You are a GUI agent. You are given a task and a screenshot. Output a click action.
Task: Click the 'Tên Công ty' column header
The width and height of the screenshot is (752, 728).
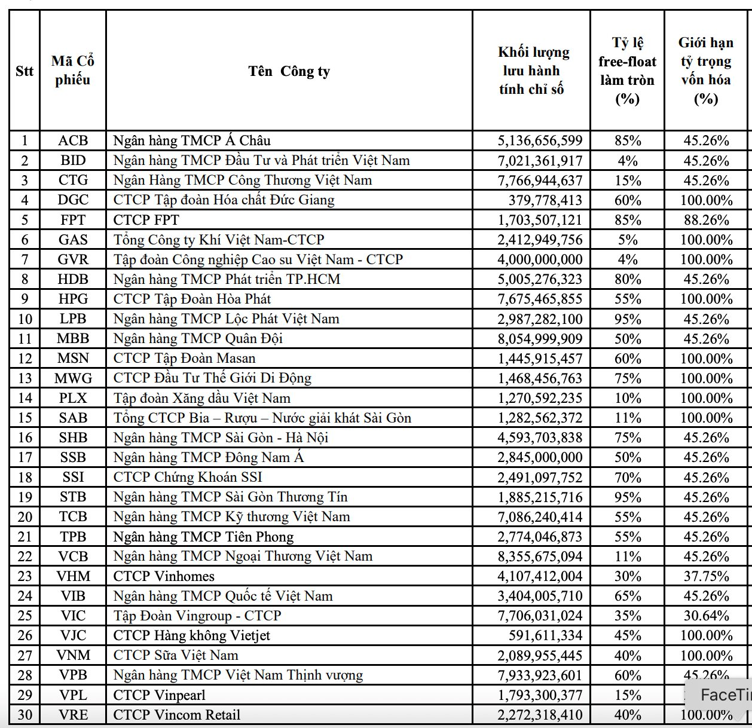coord(289,71)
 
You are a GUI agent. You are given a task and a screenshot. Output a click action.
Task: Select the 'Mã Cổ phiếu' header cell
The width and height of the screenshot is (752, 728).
coord(73,71)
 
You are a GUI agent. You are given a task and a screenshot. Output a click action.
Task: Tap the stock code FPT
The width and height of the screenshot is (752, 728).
coord(73,220)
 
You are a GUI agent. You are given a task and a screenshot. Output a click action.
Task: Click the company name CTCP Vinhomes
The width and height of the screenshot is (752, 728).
coord(164,576)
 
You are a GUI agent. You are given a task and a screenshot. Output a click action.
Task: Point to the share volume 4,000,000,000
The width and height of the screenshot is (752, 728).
coord(540,259)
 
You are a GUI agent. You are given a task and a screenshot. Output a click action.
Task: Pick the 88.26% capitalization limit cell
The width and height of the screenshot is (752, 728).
coord(706,220)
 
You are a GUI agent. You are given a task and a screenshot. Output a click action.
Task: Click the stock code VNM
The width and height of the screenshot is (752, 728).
coord(73,656)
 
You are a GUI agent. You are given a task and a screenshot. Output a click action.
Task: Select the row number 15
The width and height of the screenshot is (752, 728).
coord(25,418)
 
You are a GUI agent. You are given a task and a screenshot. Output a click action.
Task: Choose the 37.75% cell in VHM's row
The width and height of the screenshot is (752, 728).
coord(706,576)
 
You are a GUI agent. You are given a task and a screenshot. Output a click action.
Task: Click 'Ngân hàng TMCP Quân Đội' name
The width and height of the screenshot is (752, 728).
coord(198,339)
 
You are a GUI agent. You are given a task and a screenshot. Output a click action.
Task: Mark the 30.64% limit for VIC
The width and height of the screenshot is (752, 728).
coord(706,616)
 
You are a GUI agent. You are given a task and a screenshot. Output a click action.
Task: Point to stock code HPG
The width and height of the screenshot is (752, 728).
coord(73,299)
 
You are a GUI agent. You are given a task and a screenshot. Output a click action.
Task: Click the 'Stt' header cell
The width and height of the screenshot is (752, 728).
coord(25,71)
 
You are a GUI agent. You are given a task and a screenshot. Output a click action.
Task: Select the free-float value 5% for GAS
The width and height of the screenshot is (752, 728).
coord(628,240)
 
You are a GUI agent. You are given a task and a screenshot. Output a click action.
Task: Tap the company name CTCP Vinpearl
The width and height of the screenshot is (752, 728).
coord(159,695)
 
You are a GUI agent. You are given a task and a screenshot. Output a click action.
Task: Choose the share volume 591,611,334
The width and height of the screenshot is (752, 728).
coord(545,635)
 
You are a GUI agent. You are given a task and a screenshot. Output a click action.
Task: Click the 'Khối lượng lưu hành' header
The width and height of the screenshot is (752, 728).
coord(531,71)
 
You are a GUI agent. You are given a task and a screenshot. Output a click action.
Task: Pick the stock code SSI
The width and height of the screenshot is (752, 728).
coord(73,477)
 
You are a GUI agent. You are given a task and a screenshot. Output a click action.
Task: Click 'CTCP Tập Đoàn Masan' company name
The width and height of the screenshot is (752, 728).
coord(184,359)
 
